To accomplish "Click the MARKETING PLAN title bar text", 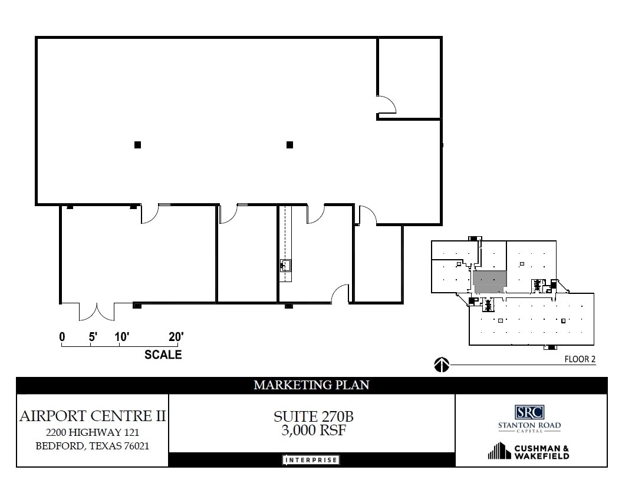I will (x=311, y=385).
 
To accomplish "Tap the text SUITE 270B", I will (x=313, y=416).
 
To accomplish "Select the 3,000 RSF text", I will (x=313, y=431).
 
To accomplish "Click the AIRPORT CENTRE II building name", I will (x=93, y=416).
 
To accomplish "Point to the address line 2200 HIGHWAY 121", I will (x=93, y=432).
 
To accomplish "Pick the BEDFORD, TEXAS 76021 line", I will (x=93, y=446).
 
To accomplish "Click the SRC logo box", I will (x=529, y=412).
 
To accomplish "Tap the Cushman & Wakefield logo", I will (x=528, y=452).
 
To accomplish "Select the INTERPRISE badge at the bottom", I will (x=311, y=460).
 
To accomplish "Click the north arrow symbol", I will (x=442, y=366).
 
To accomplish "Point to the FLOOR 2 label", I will (x=580, y=359).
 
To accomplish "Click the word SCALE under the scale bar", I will (x=163, y=355).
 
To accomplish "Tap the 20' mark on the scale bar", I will (x=176, y=337).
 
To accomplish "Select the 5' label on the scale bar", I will (x=93, y=337).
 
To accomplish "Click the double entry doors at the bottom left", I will (x=97, y=311).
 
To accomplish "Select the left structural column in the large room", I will (x=137, y=144).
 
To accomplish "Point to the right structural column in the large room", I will (x=289, y=144).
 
